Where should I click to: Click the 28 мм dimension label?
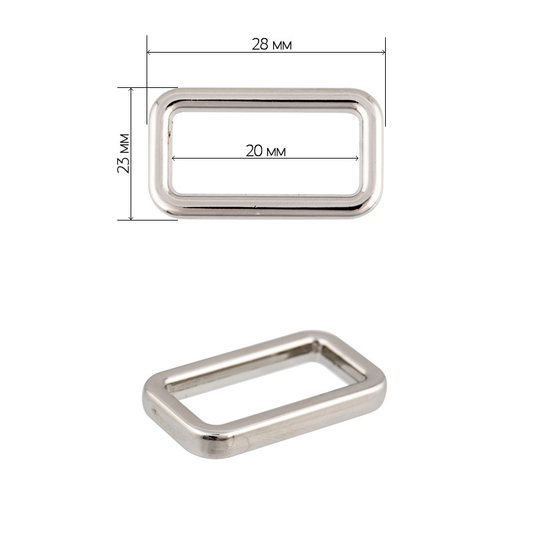pos(271,45)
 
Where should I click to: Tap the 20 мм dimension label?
pos(265,151)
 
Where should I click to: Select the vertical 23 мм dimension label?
pos(123,154)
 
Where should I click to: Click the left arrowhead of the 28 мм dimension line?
pos(149,53)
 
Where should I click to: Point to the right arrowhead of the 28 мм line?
pos(383,53)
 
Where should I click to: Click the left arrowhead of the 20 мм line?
pos(174,158)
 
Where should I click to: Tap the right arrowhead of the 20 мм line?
pos(356,158)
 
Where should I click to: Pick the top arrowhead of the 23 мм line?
pos(131,90)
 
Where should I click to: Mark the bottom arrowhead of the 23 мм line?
pos(131,218)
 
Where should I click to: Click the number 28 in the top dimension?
pos(260,45)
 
